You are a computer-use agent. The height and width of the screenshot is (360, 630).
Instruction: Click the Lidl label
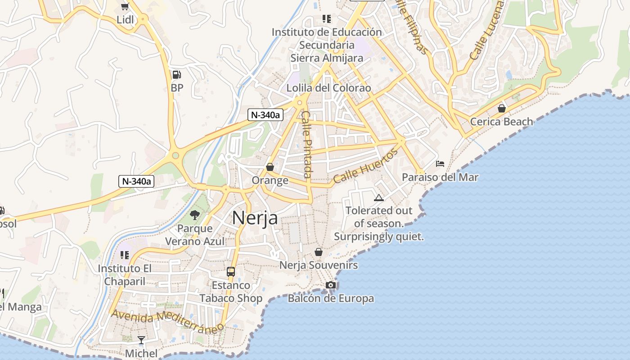[125, 20]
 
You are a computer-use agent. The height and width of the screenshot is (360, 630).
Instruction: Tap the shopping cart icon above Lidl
[125, 6]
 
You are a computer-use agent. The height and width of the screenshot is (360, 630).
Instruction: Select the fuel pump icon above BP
[177, 75]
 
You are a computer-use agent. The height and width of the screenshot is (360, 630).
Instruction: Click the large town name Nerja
[255, 218]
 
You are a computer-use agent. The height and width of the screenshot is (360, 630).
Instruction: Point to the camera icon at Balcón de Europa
[331, 285]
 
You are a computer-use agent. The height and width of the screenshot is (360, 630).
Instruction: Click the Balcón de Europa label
[331, 298]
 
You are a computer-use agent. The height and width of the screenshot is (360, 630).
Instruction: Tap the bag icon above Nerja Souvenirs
[319, 252]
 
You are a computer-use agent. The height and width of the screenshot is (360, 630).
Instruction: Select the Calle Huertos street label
[365, 166]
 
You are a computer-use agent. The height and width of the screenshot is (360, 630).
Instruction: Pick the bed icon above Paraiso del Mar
[440, 164]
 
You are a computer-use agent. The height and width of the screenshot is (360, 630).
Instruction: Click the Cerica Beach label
[501, 121]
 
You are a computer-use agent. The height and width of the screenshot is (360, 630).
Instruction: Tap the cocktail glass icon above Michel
[141, 340]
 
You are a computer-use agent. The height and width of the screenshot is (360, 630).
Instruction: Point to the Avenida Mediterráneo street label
[167, 320]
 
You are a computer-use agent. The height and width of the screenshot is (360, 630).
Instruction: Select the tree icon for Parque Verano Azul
[194, 215]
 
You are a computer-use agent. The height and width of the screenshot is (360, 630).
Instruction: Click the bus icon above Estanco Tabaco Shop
[231, 271]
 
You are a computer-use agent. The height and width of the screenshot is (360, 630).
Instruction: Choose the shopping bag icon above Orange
[270, 167]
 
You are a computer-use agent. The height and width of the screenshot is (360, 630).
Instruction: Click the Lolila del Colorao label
[329, 88]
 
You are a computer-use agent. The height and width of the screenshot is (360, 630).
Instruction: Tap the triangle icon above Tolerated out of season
[379, 198]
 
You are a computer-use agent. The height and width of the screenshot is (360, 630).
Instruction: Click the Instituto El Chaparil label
[125, 274]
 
